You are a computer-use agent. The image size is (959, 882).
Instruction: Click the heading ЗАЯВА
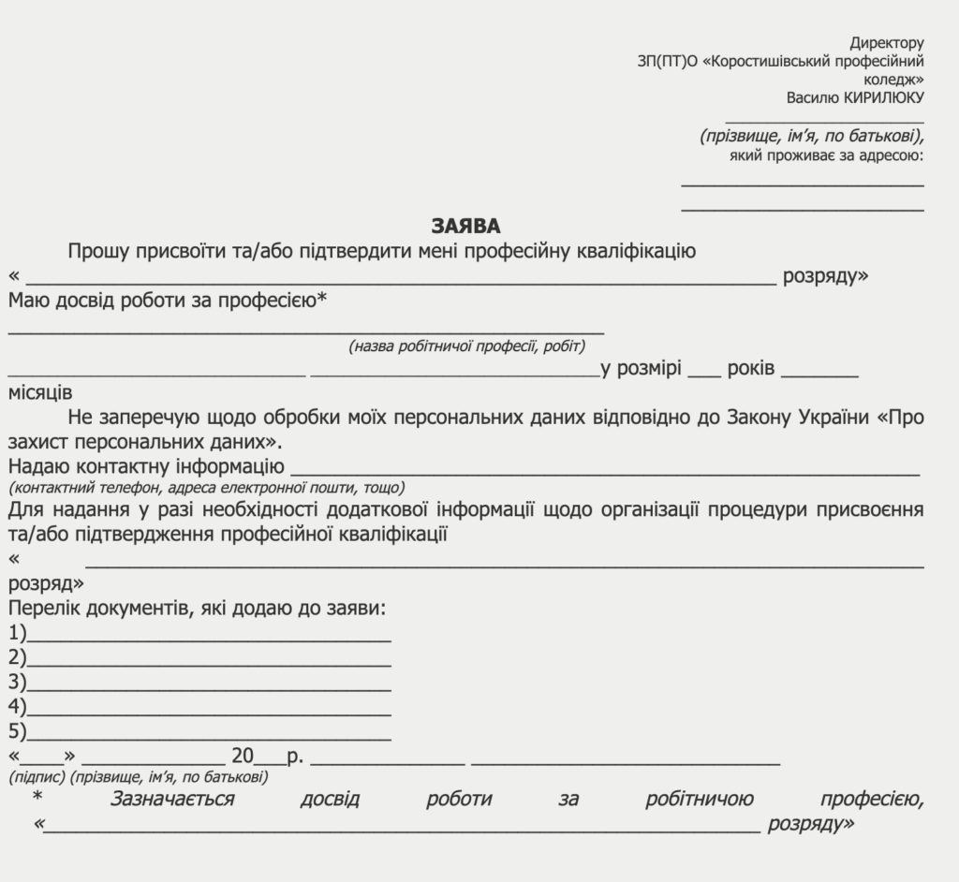click(x=466, y=227)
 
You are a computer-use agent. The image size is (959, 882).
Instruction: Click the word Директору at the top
click(x=887, y=43)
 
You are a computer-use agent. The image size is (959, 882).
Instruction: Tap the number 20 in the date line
click(x=243, y=756)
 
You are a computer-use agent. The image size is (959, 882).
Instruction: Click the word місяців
click(x=40, y=392)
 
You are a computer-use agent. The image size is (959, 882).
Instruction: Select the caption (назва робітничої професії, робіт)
click(x=467, y=346)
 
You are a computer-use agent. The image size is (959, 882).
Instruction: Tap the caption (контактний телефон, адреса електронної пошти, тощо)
click(x=207, y=488)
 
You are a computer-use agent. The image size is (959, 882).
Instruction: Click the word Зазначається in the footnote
click(x=172, y=799)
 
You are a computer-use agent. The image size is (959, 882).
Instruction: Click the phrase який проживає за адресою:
click(x=827, y=154)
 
